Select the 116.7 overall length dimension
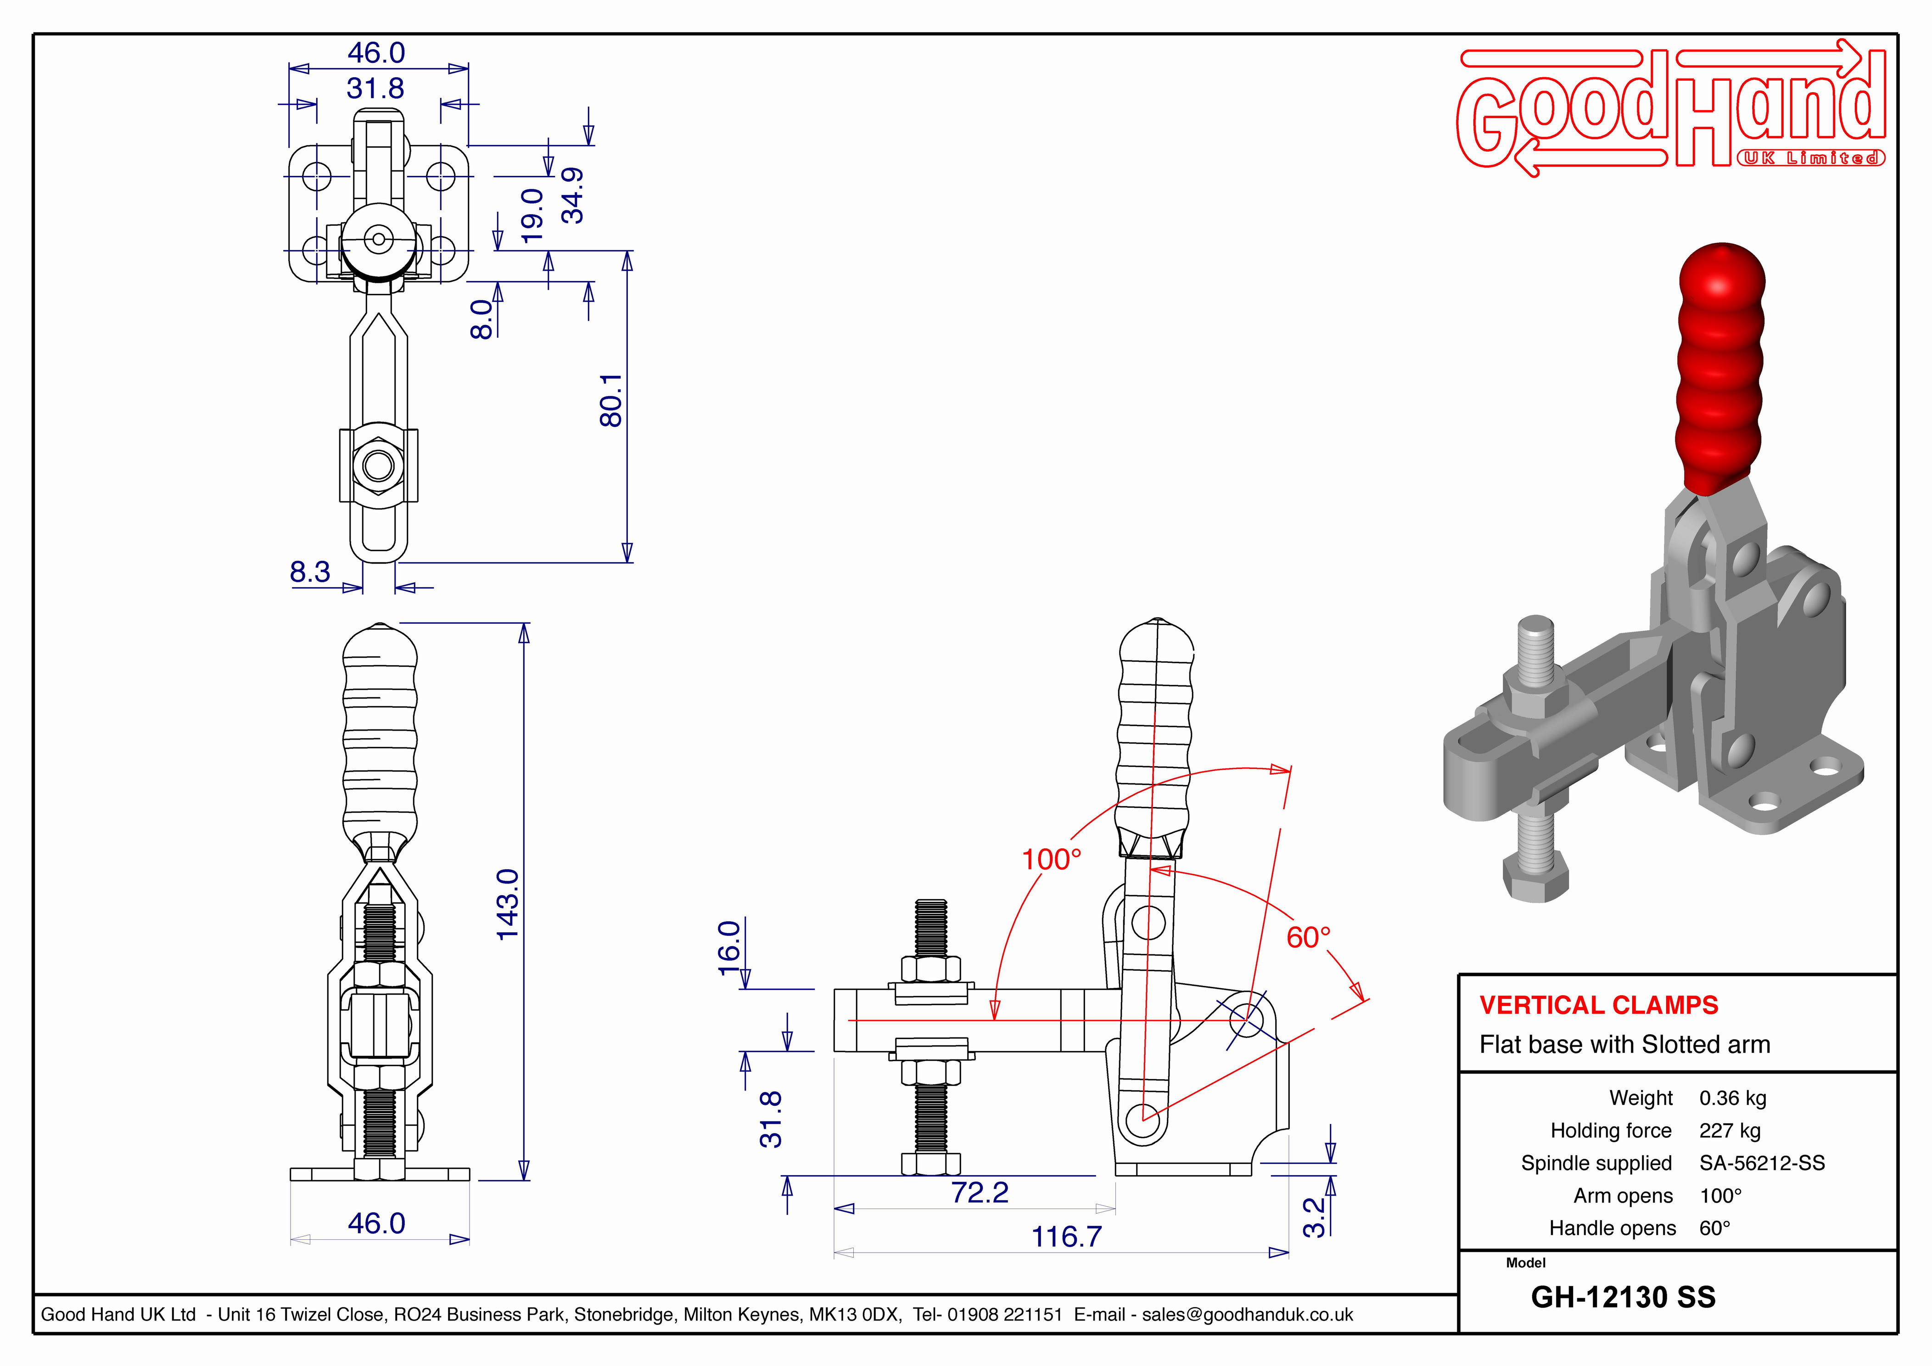click(1066, 1237)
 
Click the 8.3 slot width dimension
click(310, 572)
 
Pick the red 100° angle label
click(1051, 859)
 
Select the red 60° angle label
click(1309, 937)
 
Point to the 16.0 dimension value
click(729, 948)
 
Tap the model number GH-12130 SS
click(1622, 1297)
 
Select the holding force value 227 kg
click(1729, 1131)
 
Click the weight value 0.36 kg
click(1733, 1098)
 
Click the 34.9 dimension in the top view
click(573, 195)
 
